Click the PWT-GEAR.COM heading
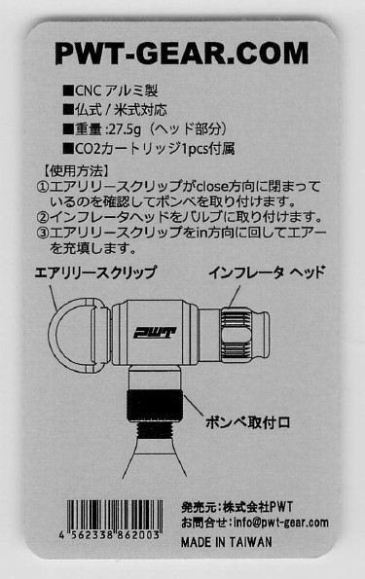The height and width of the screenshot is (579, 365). pos(181,54)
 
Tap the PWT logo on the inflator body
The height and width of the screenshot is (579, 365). pos(155,333)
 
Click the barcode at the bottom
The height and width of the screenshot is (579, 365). pos(115,515)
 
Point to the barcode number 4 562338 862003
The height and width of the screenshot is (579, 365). pos(109,534)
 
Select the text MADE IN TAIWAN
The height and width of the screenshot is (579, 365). pos(227,542)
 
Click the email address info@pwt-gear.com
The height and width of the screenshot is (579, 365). pos(281,523)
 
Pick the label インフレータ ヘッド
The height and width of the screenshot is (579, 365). pos(267,272)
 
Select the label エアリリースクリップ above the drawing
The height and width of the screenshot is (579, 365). pos(95,272)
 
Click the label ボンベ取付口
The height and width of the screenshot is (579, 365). pos(247,422)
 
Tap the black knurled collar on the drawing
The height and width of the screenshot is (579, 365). pos(155,406)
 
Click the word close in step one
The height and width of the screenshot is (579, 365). pos(212,186)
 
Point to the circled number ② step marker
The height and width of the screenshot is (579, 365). pos(43,217)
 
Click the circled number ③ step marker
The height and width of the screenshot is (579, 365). pos(43,233)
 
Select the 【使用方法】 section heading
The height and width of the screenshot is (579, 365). pos(76,170)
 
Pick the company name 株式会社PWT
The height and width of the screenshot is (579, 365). pos(258,507)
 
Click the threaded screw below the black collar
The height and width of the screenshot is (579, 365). pos(155,429)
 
